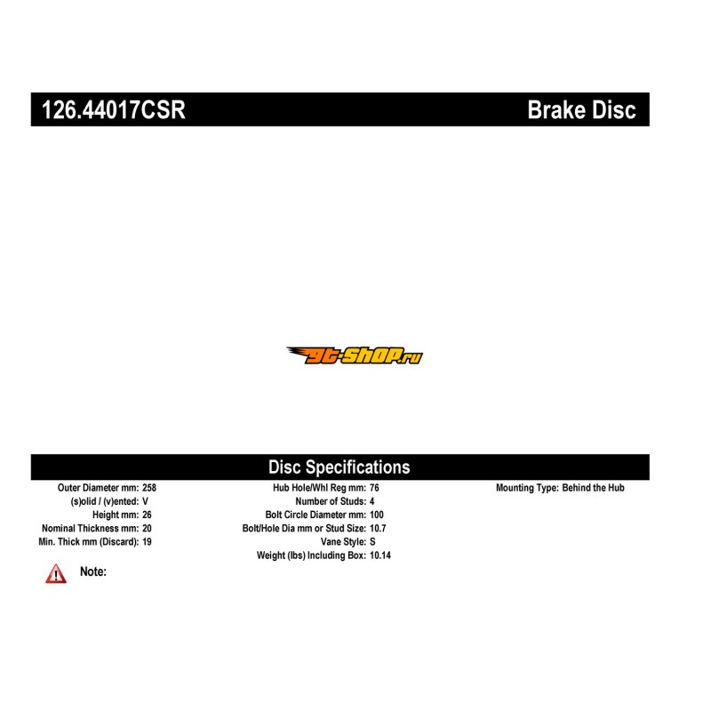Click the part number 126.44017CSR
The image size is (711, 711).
click(x=114, y=109)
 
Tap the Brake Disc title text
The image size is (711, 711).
click(x=582, y=109)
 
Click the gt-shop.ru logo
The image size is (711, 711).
click(x=355, y=355)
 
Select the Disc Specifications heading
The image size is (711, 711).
click(x=340, y=467)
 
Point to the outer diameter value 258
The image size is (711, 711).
click(x=149, y=488)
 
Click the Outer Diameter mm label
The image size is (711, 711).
click(x=98, y=488)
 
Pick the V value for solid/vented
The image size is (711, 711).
click(x=145, y=501)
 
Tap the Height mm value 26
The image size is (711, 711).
click(x=147, y=515)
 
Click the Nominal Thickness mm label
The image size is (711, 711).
click(x=91, y=528)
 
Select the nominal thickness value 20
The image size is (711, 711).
click(x=147, y=528)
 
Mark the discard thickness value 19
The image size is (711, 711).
click(x=147, y=542)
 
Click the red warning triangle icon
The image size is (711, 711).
click(x=56, y=574)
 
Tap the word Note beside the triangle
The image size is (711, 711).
click(x=93, y=571)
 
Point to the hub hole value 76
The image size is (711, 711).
click(x=374, y=488)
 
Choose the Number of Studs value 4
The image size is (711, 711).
click(x=371, y=501)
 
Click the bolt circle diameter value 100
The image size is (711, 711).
click(x=377, y=515)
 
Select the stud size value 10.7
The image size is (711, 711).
click(x=378, y=528)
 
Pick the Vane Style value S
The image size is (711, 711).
click(x=372, y=542)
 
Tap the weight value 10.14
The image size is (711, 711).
click(x=380, y=555)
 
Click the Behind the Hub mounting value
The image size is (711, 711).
click(x=593, y=488)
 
